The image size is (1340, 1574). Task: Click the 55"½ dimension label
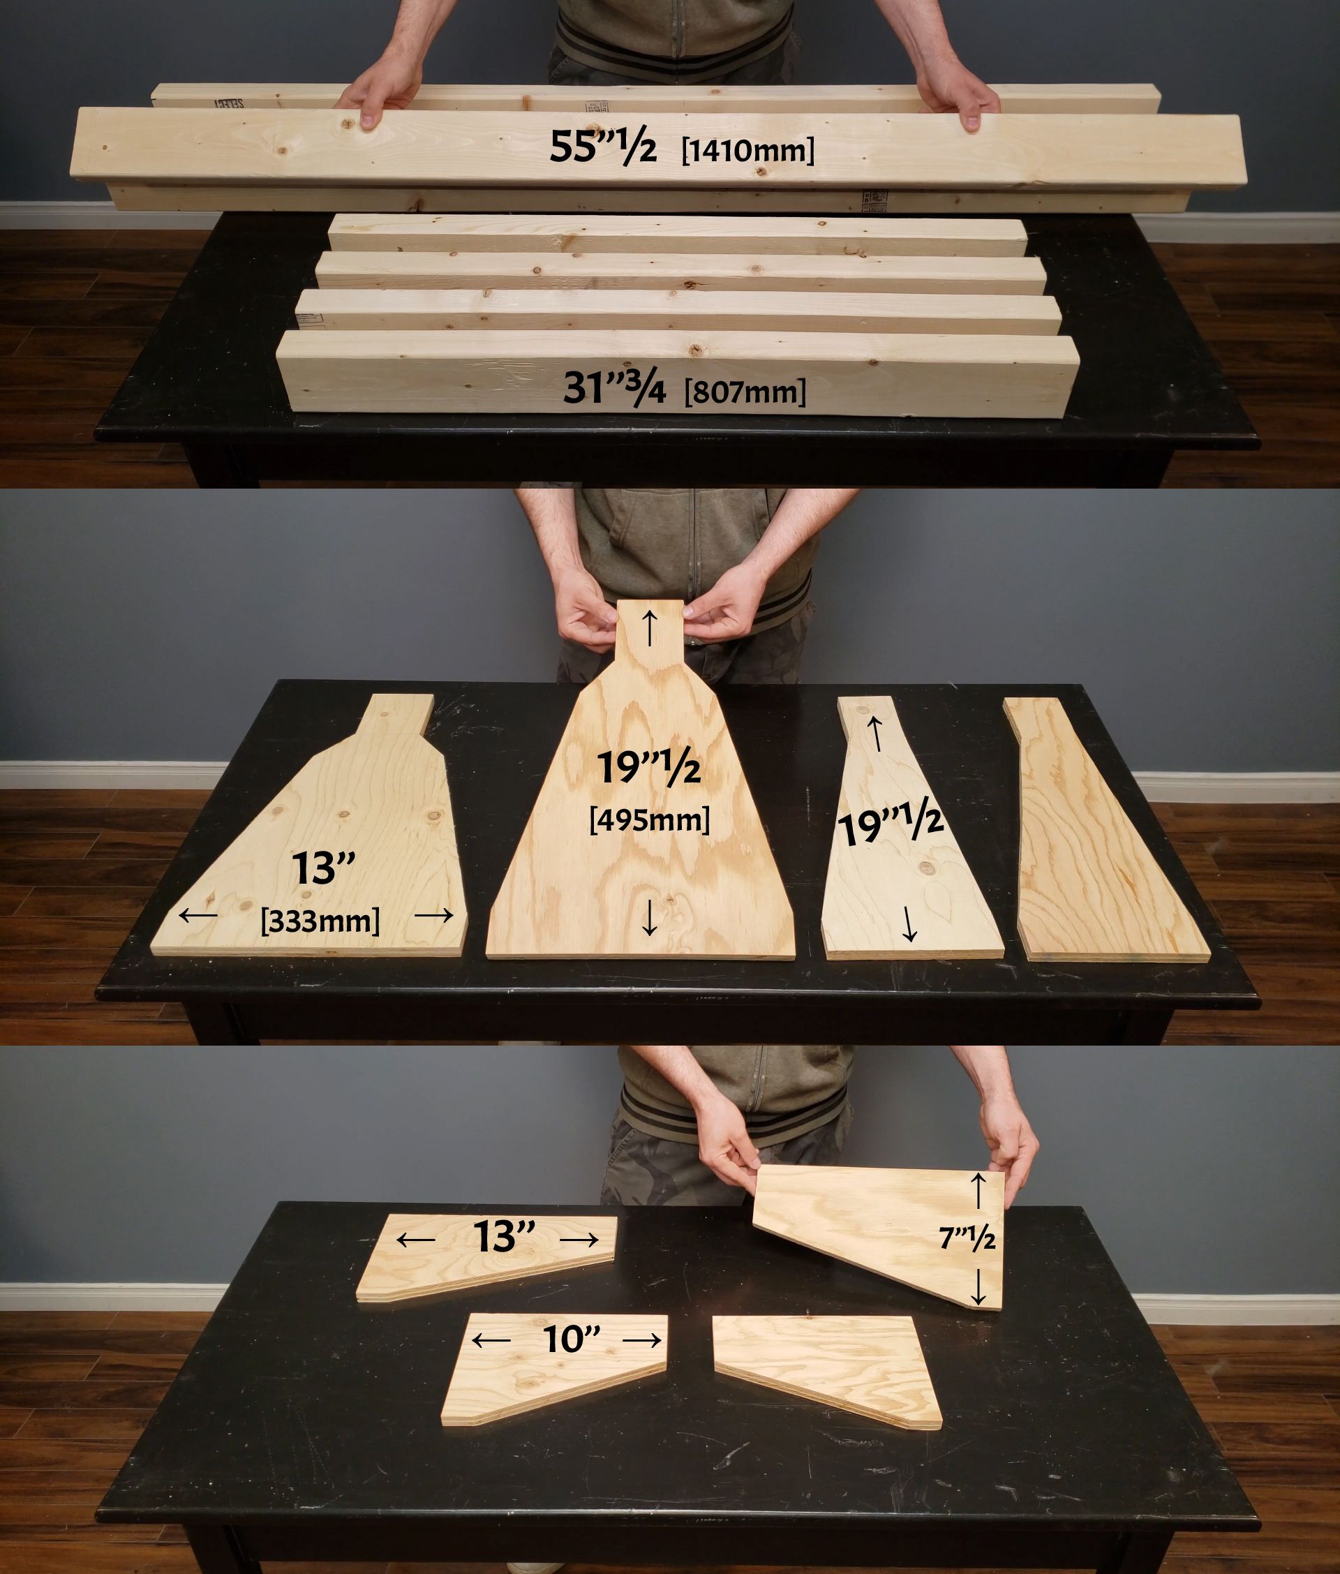pyautogui.click(x=603, y=146)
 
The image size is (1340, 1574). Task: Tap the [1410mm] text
pyautogui.click(x=747, y=149)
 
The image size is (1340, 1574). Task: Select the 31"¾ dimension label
pyautogui.click(x=613, y=387)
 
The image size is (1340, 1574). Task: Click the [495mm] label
pyautogui.click(x=650, y=819)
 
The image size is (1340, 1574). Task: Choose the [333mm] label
pyautogui.click(x=320, y=921)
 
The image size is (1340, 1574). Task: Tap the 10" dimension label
pyautogui.click(x=572, y=1339)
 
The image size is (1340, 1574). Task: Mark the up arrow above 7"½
pyautogui.click(x=978, y=1189)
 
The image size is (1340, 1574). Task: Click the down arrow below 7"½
pyautogui.click(x=978, y=1287)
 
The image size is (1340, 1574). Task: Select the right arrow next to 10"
pyautogui.click(x=642, y=1341)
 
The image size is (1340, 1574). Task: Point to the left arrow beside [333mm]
pyautogui.click(x=198, y=915)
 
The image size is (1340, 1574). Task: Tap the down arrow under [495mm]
pyautogui.click(x=650, y=917)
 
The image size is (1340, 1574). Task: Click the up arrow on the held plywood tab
pyautogui.click(x=650, y=628)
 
